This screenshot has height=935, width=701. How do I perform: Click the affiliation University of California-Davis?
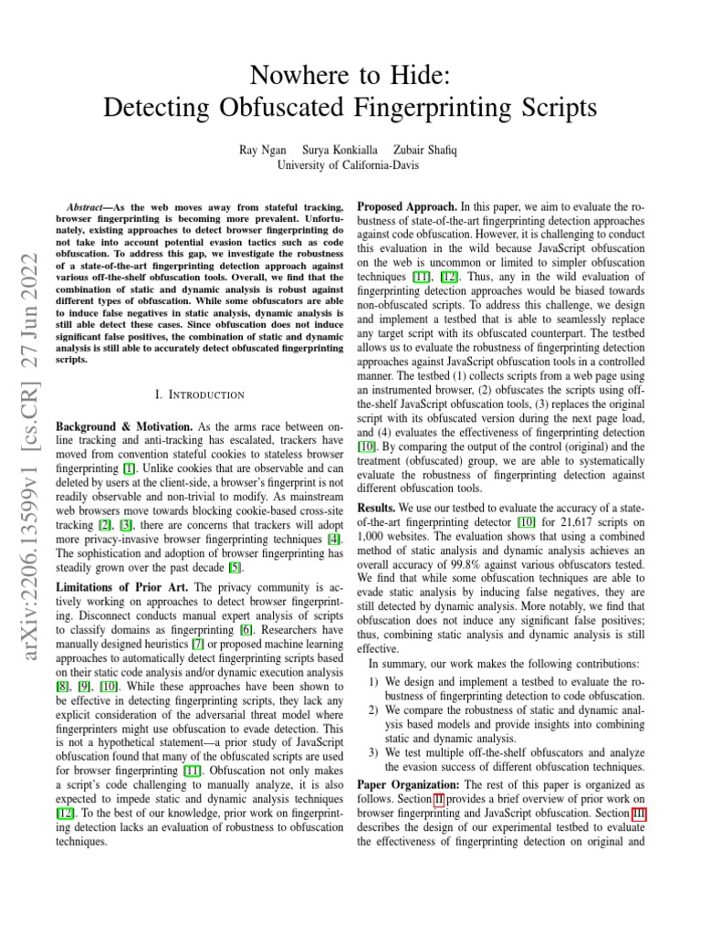(x=350, y=164)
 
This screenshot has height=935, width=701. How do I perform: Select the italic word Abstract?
(x=90, y=208)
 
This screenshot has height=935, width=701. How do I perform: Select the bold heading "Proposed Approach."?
(x=406, y=207)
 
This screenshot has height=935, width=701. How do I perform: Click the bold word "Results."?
(x=376, y=506)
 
